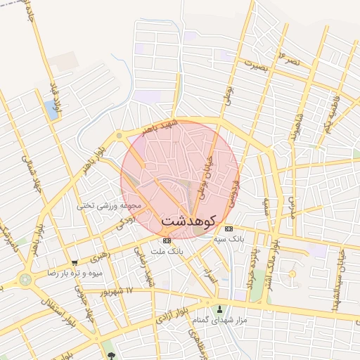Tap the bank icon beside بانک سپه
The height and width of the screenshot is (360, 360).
(228, 229)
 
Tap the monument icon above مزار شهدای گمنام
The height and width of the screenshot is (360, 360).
(221, 309)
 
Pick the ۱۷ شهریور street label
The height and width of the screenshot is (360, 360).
(116, 290)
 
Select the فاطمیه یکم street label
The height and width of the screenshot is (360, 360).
(332, 112)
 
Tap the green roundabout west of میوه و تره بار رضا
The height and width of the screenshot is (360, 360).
(26, 279)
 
